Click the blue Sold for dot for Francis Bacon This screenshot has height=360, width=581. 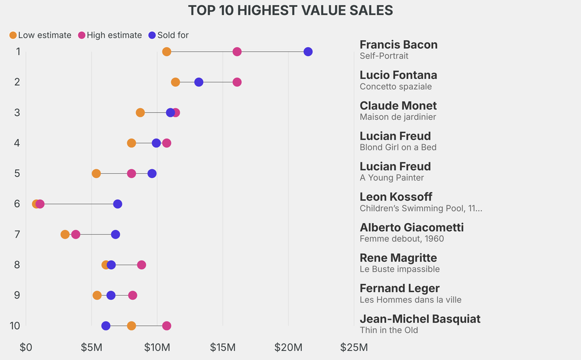tap(308, 52)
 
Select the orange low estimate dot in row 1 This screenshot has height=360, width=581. tap(167, 52)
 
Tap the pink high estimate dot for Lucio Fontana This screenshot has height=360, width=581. tap(237, 82)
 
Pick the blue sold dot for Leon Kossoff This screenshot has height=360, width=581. tap(117, 204)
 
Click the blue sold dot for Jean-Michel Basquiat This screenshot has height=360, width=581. tap(106, 326)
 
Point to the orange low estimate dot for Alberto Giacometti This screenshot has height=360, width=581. tap(65, 235)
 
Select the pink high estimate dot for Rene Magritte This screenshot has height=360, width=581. tap(142, 265)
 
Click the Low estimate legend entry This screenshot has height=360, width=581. tap(40, 35)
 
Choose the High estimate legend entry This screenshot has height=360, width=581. tap(110, 35)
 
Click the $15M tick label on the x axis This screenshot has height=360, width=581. tap(222, 347)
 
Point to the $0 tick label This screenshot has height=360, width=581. tap(26, 347)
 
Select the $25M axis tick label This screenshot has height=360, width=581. tap(353, 347)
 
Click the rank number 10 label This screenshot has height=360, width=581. tap(15, 326)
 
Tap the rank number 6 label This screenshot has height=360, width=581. tap(18, 204)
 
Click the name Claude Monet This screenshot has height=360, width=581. tap(398, 106)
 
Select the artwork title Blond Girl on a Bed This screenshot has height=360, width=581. tap(398, 148)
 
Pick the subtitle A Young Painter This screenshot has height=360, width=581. tap(392, 178)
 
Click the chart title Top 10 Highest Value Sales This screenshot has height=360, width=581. tap(290, 10)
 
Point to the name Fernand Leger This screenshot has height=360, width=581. tap(399, 288)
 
